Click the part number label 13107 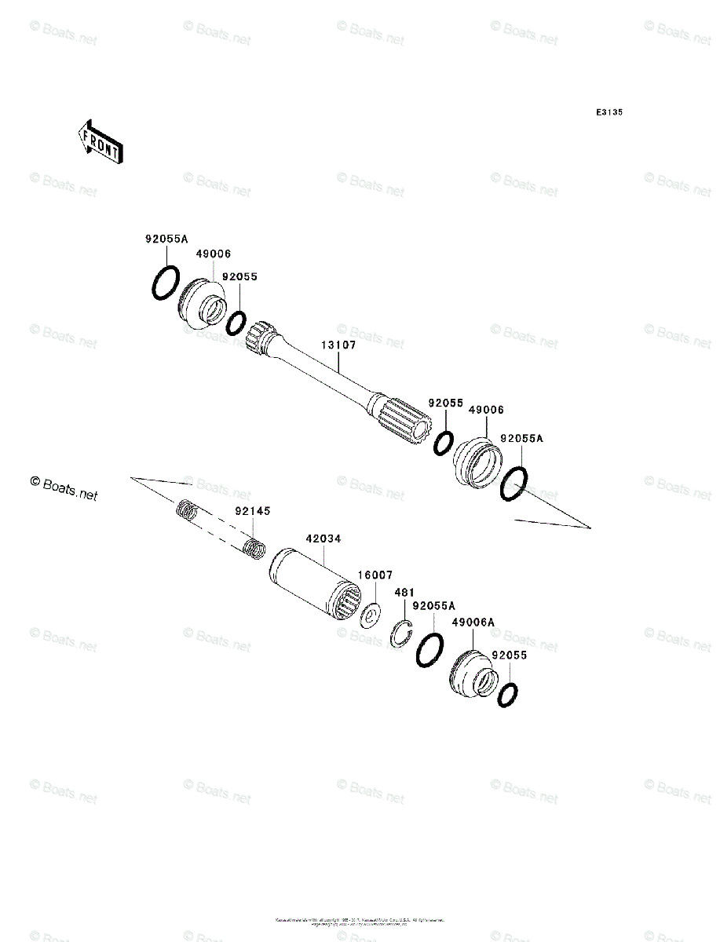[x=338, y=345]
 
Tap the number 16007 [x=375, y=575]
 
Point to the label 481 [x=404, y=592]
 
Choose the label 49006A [x=473, y=622]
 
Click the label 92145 [x=253, y=511]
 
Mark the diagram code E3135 [x=609, y=113]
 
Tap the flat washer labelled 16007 [x=369, y=616]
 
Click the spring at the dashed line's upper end [x=185, y=510]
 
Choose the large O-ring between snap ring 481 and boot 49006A [x=429, y=649]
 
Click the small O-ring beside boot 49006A [x=508, y=694]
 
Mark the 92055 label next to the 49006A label [x=508, y=655]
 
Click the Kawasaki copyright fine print [x=360, y=921]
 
